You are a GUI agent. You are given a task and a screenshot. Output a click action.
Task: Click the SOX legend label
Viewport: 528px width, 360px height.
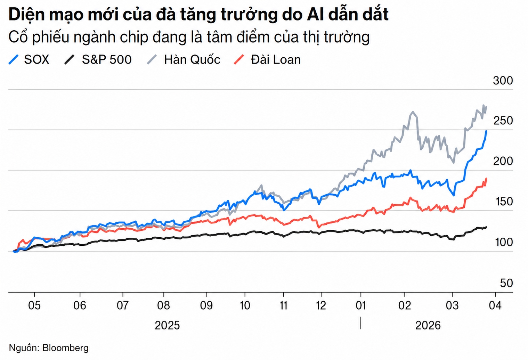[36, 60]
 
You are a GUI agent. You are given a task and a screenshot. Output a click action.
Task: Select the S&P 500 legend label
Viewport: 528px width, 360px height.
[107, 60]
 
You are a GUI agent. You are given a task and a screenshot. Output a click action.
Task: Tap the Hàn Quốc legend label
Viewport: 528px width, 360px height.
[192, 60]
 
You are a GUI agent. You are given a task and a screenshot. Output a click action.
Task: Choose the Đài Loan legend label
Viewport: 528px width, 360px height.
[276, 60]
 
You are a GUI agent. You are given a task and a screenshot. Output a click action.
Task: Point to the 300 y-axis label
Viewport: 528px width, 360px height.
[503, 81]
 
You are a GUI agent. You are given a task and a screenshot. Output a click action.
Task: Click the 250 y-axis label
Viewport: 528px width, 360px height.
[503, 121]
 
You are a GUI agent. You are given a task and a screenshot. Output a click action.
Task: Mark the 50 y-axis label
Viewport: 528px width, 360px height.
[506, 283]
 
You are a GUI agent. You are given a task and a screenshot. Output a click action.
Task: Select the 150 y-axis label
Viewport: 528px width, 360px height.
[503, 202]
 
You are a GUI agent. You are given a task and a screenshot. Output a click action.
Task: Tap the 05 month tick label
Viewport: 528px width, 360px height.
[34, 305]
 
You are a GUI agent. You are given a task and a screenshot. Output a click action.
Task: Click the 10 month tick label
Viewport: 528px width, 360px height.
[245, 305]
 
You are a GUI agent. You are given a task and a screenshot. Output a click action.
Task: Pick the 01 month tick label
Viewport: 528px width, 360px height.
[361, 305]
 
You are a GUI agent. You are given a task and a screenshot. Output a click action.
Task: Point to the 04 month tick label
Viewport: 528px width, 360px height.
[495, 305]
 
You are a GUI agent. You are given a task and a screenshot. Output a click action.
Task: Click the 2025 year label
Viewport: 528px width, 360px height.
[167, 326]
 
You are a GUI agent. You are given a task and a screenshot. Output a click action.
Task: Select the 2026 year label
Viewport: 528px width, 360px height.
[428, 326]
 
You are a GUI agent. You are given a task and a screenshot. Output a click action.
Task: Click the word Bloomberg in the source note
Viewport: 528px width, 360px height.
[65, 348]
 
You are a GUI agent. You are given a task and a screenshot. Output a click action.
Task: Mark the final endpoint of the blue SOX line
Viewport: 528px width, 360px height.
[486, 131]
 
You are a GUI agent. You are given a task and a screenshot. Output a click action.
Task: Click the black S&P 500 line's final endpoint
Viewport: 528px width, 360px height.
[486, 227]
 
